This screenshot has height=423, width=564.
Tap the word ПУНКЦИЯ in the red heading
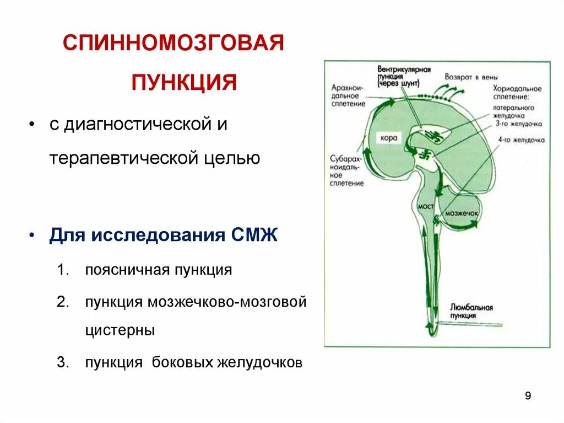coord(184,83)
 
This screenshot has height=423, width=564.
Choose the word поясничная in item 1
coord(127,270)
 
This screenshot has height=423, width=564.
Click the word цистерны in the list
coord(120,331)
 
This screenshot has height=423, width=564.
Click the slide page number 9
coord(528,396)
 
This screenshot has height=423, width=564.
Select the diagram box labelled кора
coord(388,137)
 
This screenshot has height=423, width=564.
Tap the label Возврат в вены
coord(467,78)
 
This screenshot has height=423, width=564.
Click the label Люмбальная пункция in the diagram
coord(471,312)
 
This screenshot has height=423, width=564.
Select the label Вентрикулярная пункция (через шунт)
coord(404,77)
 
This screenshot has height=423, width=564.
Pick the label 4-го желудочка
coord(521,140)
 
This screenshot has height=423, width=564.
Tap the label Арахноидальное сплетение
coord(349,95)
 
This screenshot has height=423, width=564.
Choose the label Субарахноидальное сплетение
coord(346,170)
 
